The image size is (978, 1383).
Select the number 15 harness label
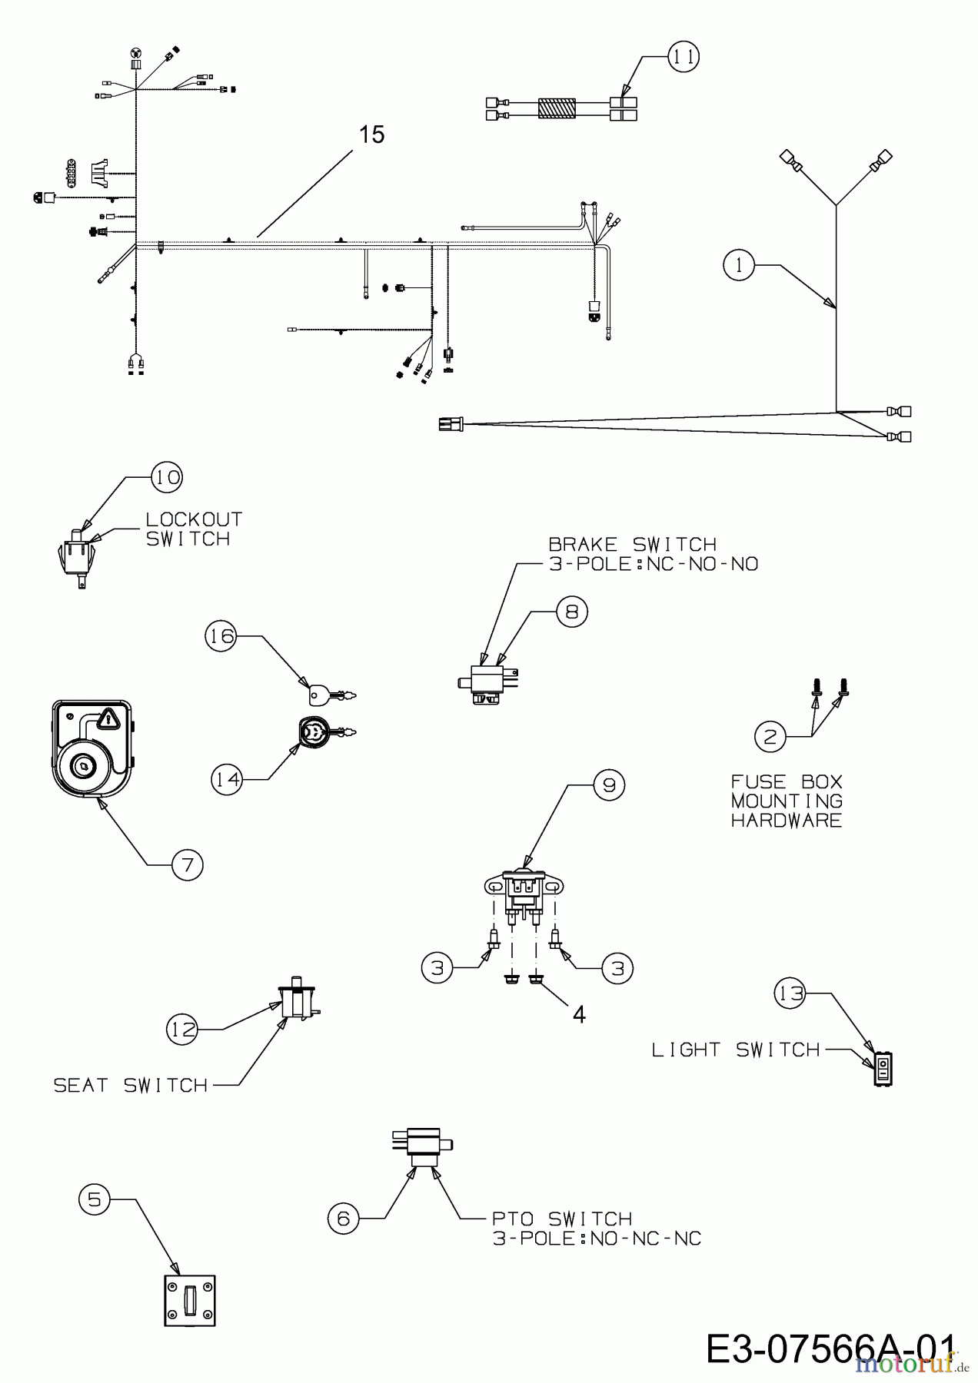click(372, 134)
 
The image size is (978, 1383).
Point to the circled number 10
click(166, 477)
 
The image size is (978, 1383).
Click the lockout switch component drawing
click(78, 557)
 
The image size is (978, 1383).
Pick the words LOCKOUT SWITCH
click(194, 529)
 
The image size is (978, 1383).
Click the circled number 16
click(221, 636)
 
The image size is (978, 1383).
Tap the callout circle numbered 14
click(227, 779)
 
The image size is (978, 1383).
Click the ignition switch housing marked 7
click(92, 749)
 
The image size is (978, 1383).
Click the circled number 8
click(571, 612)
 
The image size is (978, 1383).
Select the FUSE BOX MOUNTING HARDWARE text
click(787, 801)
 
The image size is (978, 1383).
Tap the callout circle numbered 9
click(609, 784)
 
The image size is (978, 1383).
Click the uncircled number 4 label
click(579, 1014)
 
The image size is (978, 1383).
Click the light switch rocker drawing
click(883, 1067)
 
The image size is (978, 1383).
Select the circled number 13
click(790, 993)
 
